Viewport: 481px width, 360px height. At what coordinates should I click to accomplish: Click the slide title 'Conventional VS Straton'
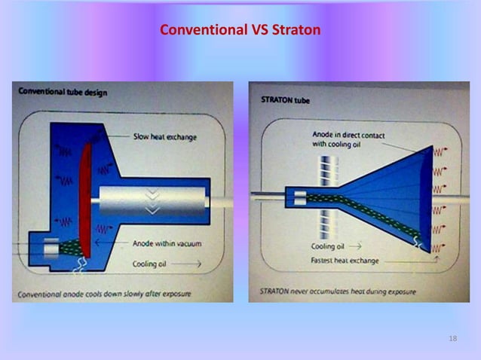tap(240, 31)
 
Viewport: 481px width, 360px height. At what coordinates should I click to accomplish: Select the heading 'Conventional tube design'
tap(63, 92)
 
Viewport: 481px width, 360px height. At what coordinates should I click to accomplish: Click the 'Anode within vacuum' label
tap(167, 243)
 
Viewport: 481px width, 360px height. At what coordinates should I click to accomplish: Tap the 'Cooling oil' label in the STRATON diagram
tap(328, 246)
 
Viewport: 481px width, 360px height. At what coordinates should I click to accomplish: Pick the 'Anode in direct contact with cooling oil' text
tap(348, 139)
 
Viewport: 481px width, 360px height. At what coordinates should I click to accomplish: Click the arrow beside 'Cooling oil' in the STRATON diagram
tap(356, 246)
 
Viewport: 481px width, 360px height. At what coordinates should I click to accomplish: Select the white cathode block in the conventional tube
tap(53, 246)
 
